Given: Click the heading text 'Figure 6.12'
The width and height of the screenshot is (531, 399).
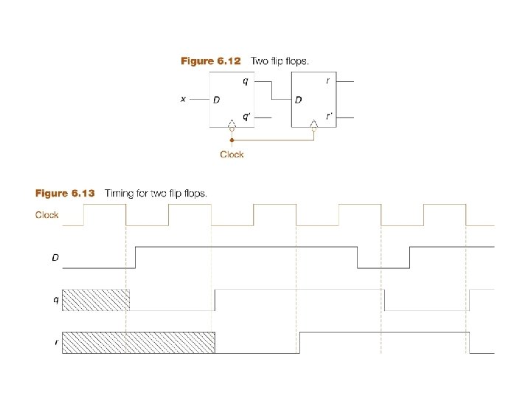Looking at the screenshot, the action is (x=211, y=61).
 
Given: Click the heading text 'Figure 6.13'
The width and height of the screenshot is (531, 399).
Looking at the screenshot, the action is (x=66, y=194).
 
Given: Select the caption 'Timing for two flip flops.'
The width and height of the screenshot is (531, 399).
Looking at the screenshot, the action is (x=156, y=194).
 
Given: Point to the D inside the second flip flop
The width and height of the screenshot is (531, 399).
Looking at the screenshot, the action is (x=299, y=99).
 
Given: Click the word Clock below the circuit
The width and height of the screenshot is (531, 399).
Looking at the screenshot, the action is (x=232, y=154).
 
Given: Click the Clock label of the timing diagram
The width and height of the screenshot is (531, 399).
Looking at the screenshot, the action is (x=48, y=216).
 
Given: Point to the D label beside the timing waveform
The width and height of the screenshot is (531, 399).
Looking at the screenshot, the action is (x=55, y=258).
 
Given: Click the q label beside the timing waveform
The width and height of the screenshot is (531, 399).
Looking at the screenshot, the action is (x=56, y=300).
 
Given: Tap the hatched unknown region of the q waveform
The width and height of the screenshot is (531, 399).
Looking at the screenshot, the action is (x=96, y=300).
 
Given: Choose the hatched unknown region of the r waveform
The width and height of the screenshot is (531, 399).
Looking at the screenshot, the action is (x=139, y=343).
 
